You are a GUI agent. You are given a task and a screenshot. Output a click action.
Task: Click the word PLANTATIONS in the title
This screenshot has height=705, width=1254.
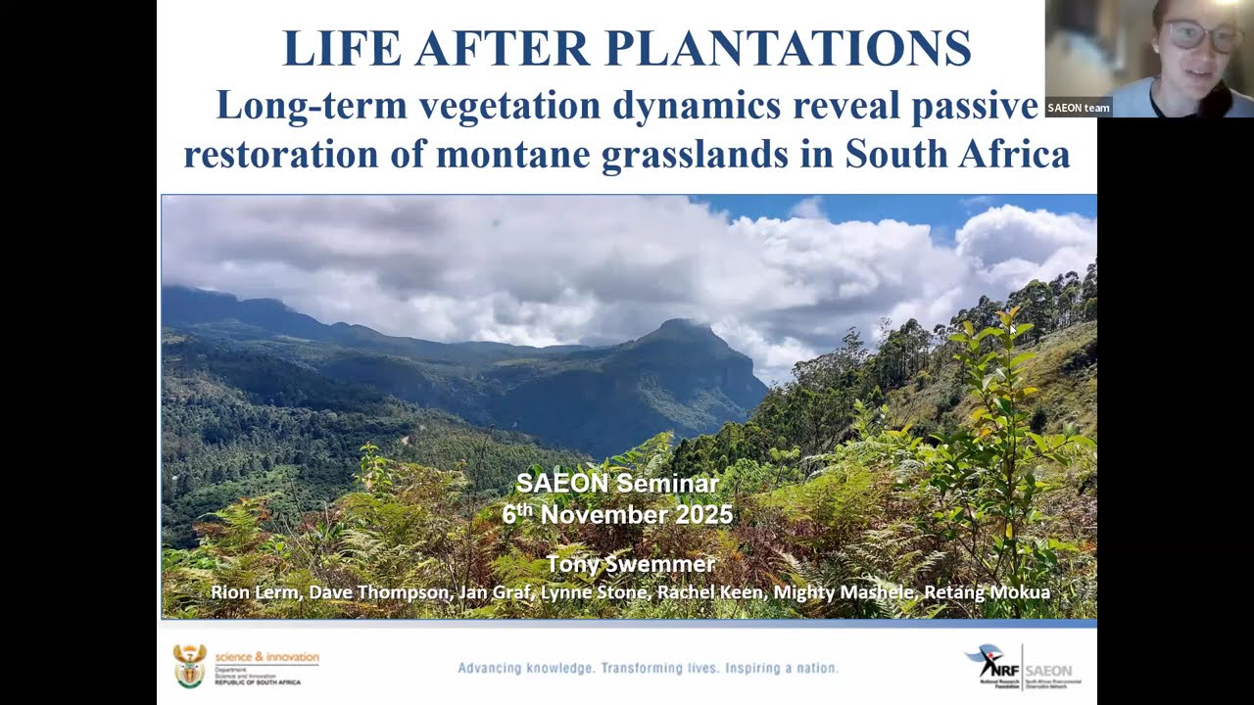pos(788,49)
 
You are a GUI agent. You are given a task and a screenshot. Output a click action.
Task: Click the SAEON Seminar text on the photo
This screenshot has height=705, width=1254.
pos(617,483)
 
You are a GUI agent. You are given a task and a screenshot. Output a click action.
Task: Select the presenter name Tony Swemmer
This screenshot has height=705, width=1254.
pos(630,564)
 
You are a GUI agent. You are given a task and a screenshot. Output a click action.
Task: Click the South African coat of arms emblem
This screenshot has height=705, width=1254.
pos(189,665)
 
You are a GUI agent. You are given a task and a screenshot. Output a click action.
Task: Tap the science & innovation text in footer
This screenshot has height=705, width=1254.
pos(266,656)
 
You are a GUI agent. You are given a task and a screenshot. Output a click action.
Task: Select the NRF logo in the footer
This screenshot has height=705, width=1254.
pos(991,666)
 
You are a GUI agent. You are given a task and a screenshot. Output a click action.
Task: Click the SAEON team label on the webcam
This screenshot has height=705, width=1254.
pos(1078,108)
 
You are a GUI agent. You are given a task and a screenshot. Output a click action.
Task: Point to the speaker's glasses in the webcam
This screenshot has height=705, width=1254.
pos(1201,37)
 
